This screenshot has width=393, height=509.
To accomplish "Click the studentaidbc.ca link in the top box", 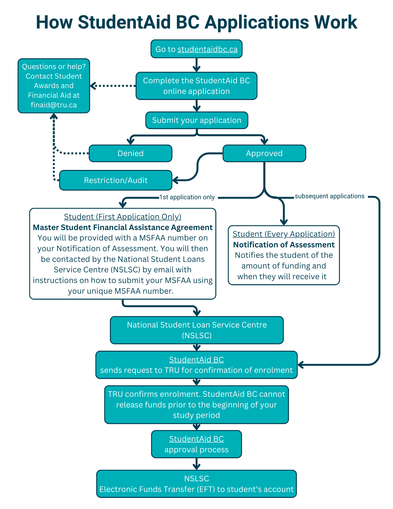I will (207, 49).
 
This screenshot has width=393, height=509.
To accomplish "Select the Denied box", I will (130, 153).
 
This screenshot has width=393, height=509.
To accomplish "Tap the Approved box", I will (264, 153).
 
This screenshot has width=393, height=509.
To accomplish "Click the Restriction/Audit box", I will (116, 180).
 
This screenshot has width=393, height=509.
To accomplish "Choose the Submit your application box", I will (197, 120).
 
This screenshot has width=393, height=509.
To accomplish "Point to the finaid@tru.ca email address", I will (54, 105).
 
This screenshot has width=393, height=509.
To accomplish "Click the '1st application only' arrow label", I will (187, 197).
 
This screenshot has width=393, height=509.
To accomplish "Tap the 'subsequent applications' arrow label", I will (329, 196).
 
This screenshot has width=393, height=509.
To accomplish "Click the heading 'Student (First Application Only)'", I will (123, 217).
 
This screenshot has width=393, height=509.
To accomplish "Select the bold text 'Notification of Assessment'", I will (284, 245).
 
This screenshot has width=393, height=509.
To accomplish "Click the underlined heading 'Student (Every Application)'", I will (284, 234).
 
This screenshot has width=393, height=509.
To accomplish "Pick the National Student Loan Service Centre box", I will (197, 330).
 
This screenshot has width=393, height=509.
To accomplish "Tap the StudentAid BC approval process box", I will (196, 444).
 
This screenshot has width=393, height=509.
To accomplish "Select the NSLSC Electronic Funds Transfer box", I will (196, 484).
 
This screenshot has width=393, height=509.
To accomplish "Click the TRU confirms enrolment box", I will (196, 404).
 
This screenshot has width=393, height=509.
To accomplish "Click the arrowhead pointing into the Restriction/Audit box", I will (175, 180).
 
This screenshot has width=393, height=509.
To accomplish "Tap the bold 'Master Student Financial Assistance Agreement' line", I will (123, 227).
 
